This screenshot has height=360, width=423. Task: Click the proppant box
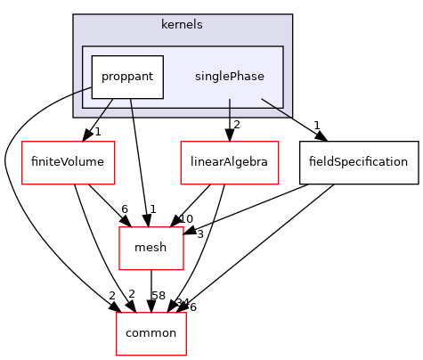click(x=127, y=77)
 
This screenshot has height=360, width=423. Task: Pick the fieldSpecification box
click(x=359, y=162)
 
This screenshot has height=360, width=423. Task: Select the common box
click(x=151, y=332)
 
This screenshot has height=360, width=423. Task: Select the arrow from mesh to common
click(x=151, y=290)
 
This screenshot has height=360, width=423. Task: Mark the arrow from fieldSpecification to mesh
click(x=258, y=206)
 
